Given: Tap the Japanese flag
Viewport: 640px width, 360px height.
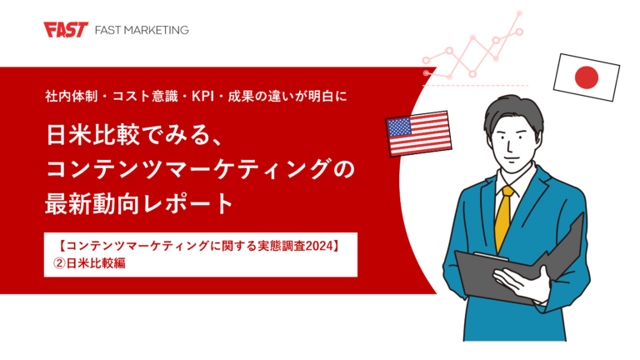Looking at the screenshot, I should tap(587, 77).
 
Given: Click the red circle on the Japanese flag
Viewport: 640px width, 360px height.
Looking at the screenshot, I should tap(587, 77).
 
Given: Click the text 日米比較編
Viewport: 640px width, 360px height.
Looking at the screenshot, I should tap(94, 264).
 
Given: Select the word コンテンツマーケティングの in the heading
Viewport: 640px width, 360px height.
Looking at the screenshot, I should tap(200, 167).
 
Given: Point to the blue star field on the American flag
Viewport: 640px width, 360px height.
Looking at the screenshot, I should tap(401, 127).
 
